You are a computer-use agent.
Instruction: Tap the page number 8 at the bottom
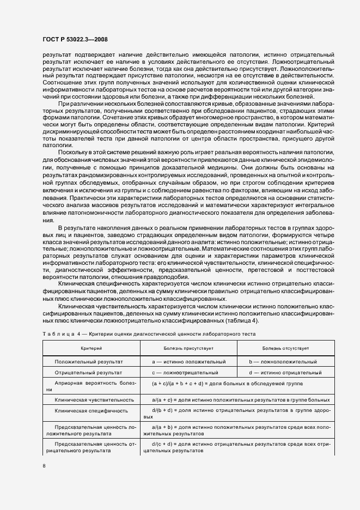pos(45,466)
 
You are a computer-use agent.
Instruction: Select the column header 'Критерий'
pos(91,347)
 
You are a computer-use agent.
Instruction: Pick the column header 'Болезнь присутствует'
pos(188,347)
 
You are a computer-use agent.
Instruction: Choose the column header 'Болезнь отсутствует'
pos(285,347)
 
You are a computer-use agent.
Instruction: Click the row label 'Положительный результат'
pos(89,362)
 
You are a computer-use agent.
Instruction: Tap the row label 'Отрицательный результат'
pos(89,373)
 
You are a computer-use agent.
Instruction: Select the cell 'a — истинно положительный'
pos(188,362)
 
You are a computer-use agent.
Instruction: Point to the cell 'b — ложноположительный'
pos(283,362)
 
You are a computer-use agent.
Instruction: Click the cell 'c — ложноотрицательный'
pos(185,373)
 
